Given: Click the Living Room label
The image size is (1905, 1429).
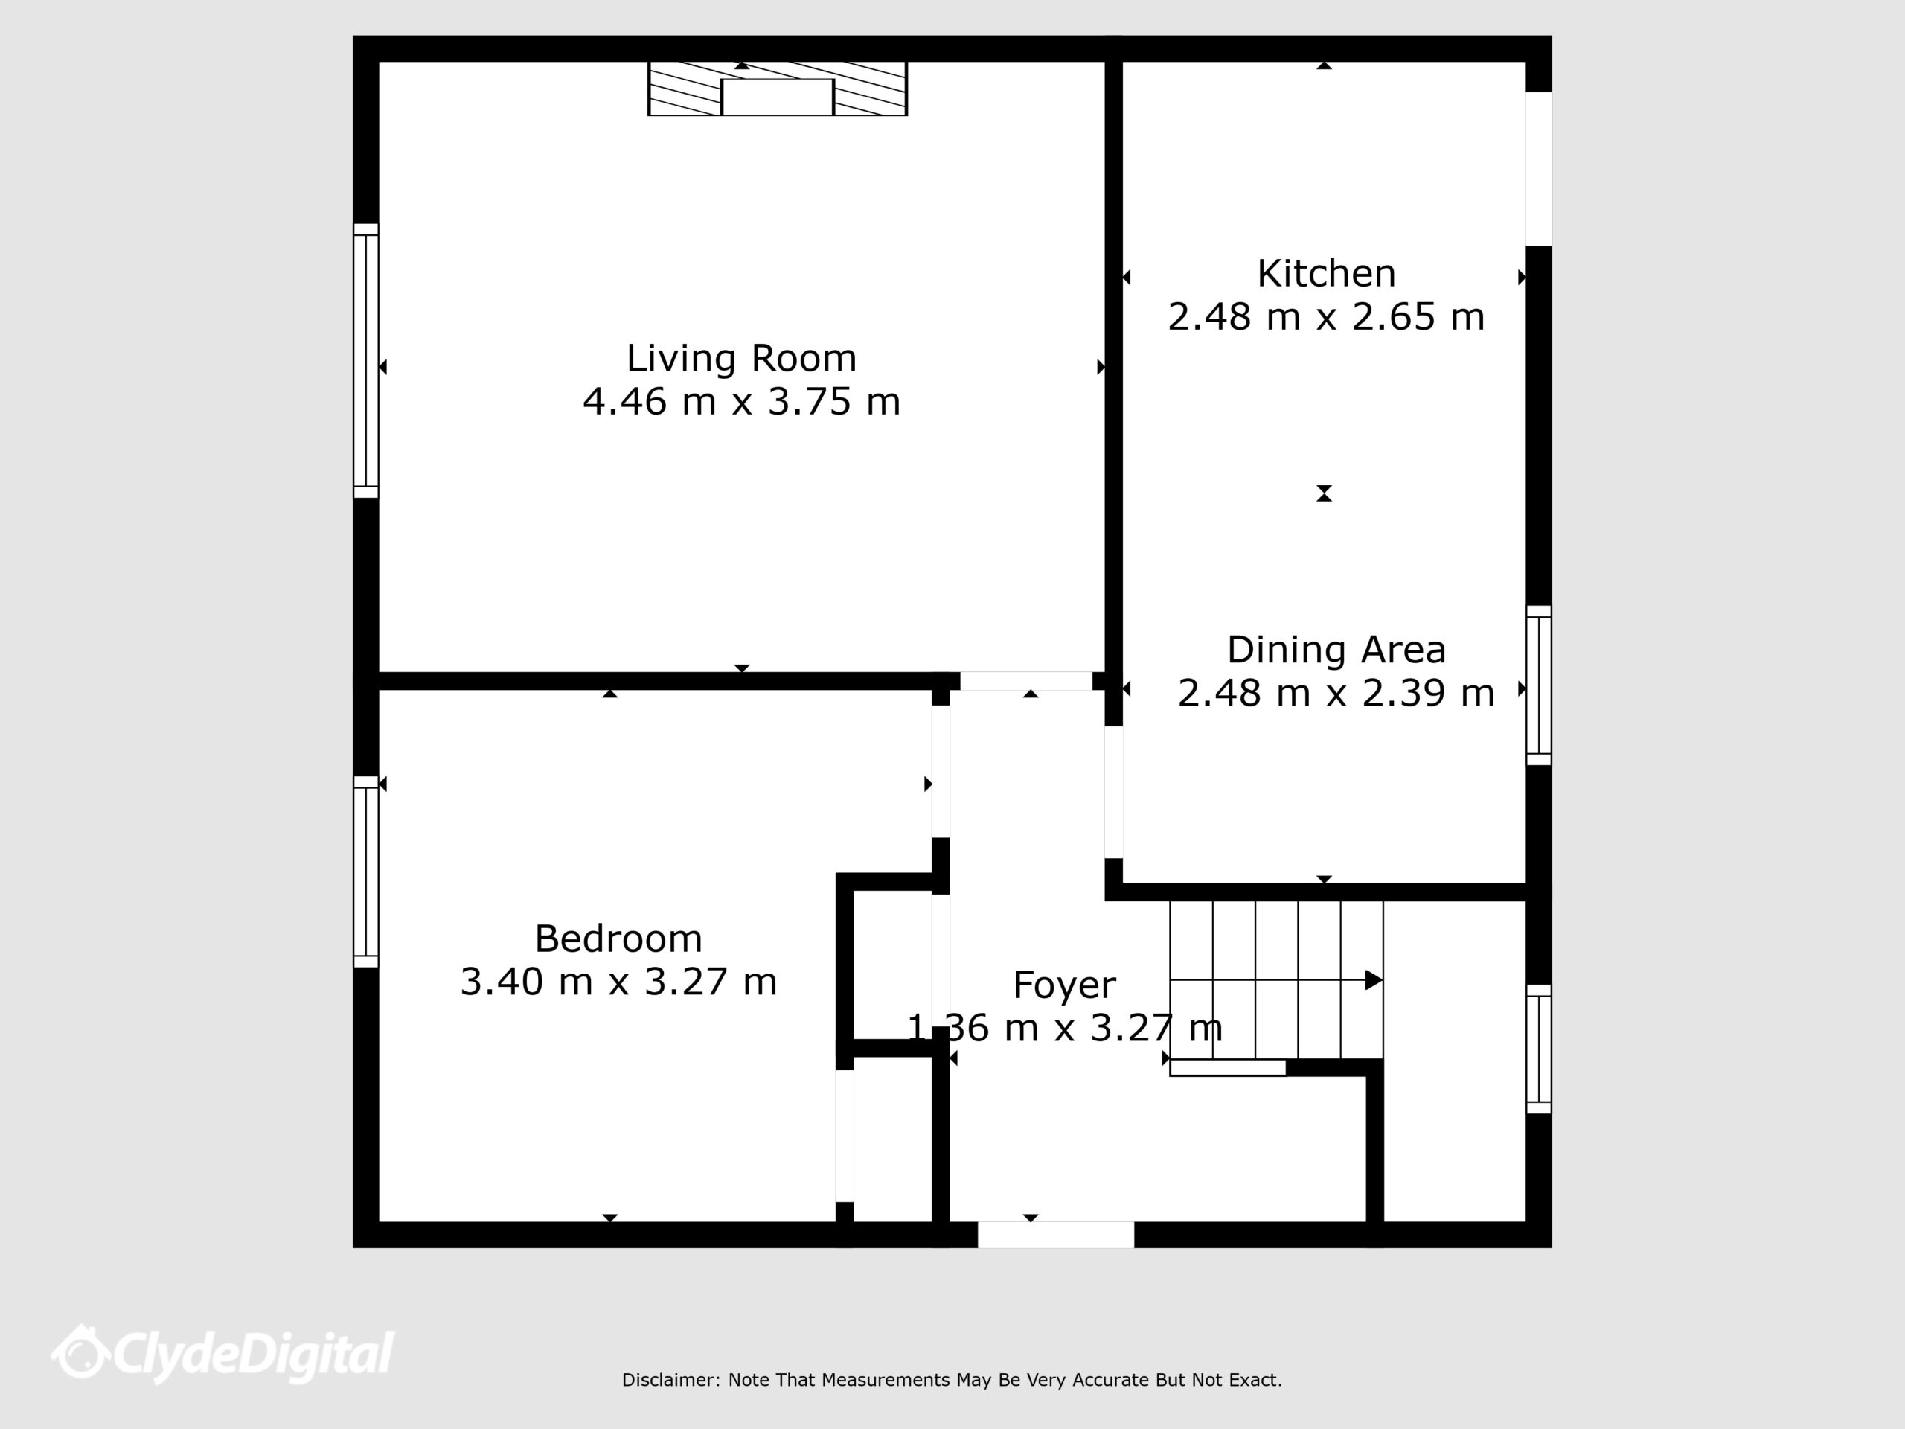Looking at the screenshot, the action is [741, 358].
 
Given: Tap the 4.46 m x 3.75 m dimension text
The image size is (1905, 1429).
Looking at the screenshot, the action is [741, 402].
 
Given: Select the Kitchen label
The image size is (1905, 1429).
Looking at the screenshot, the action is [1326, 274].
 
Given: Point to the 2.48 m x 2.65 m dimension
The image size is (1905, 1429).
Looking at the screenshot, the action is [1326, 317].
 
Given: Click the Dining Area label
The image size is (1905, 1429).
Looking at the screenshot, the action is [1336, 650].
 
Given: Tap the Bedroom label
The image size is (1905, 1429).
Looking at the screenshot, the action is [618, 939].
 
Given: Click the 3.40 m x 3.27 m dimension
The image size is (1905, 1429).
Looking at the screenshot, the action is [618, 982].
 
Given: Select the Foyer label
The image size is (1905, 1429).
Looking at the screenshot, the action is [1064, 985].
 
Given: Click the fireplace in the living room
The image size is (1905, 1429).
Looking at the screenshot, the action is [778, 89].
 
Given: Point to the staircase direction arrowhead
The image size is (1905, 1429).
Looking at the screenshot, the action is [1374, 980].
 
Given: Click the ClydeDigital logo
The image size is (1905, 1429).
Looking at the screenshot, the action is [222, 1355].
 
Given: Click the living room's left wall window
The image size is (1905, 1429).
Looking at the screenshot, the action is [366, 361].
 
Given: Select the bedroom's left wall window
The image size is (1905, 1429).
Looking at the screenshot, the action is [366, 872].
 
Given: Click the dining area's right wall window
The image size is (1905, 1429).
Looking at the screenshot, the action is [1539, 685].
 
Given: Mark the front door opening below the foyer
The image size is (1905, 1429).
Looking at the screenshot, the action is [1056, 1234].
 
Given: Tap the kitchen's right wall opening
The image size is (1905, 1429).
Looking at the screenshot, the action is [1539, 169].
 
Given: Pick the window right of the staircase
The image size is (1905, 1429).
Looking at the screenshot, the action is [1539, 1049].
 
